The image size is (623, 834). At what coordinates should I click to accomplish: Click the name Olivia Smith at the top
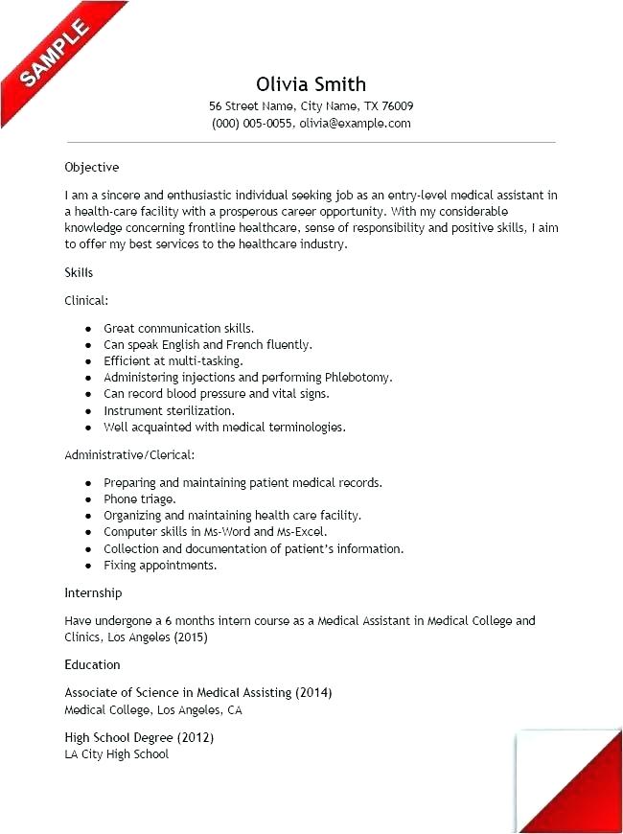click(x=311, y=83)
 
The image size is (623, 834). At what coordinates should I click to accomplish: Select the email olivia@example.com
click(x=355, y=124)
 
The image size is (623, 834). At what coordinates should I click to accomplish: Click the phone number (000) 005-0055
click(x=251, y=124)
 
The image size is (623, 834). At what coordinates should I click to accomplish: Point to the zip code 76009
click(x=395, y=106)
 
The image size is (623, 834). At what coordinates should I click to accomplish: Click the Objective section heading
click(x=92, y=167)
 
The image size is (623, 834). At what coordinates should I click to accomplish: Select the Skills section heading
click(x=79, y=273)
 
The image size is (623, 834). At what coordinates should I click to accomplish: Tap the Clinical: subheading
click(x=86, y=300)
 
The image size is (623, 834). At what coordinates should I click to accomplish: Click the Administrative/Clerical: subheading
click(x=129, y=454)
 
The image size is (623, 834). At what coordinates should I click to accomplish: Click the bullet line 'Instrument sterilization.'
click(x=169, y=410)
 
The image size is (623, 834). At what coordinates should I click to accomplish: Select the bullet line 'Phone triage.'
click(x=139, y=499)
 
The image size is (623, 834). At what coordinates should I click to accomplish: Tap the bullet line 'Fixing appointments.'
click(x=160, y=566)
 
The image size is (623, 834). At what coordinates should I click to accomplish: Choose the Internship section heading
click(x=93, y=593)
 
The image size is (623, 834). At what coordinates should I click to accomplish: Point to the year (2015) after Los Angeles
click(x=189, y=637)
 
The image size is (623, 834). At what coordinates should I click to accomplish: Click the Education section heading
click(x=92, y=664)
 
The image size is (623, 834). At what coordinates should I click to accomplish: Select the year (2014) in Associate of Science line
click(x=313, y=692)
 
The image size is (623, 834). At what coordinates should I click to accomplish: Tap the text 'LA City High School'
click(x=116, y=754)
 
